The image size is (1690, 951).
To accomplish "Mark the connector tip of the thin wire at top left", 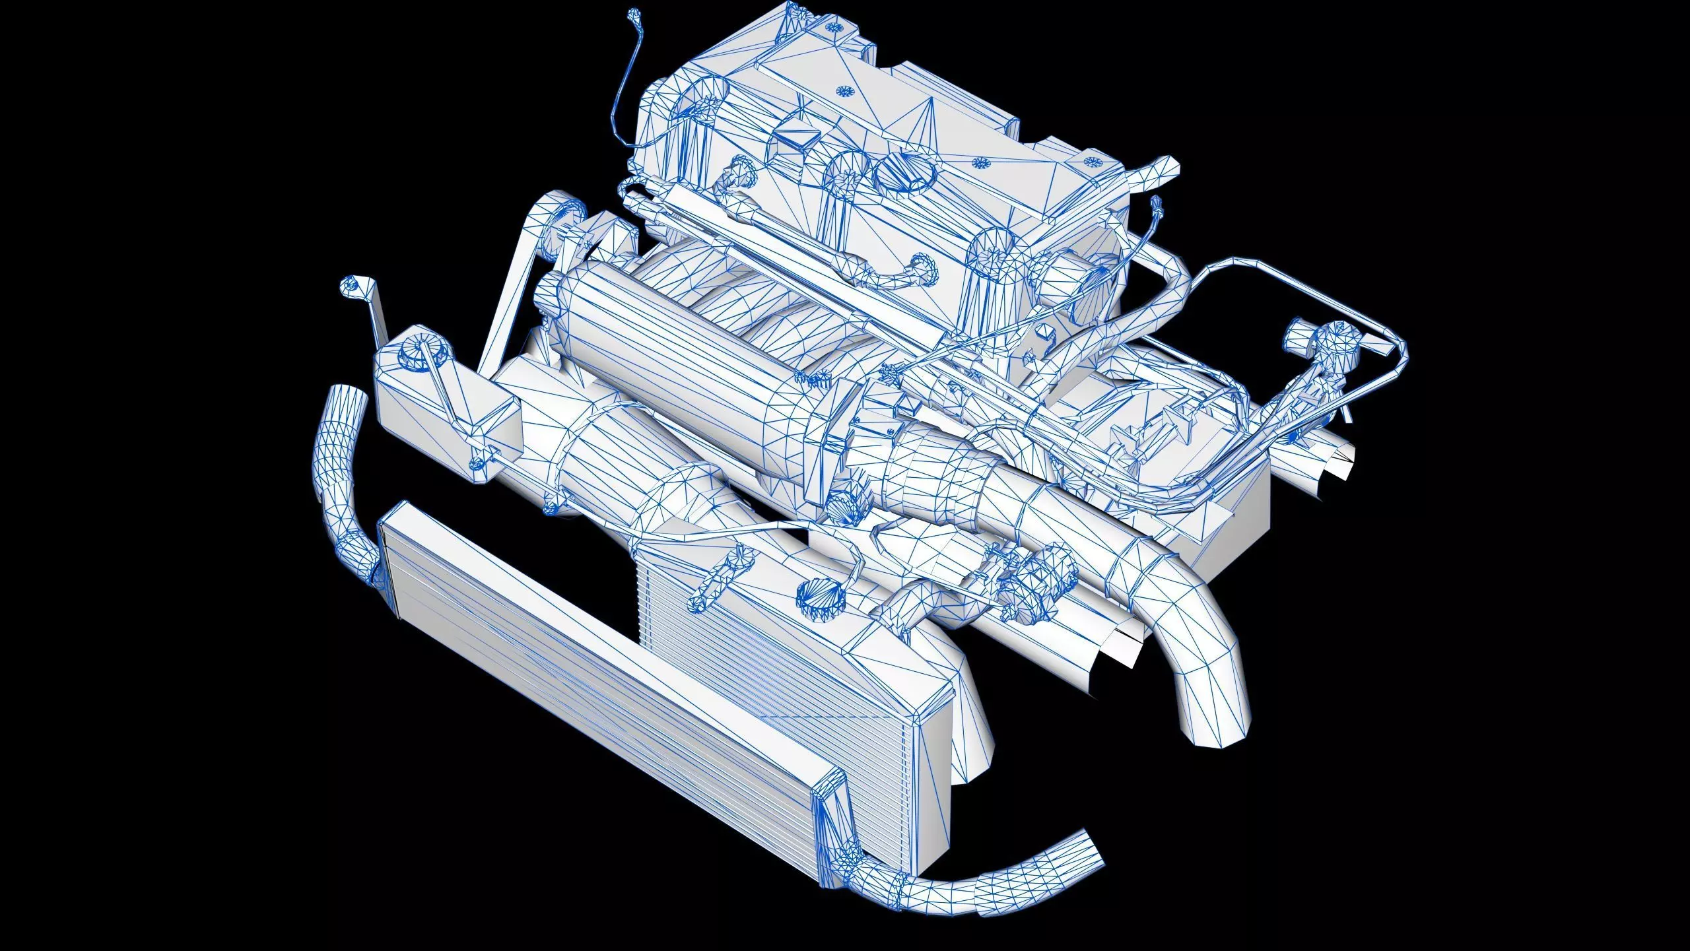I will pos(634,15).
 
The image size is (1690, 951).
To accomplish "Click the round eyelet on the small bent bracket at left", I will pos(349,285).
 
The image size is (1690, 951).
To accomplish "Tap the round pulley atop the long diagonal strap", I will pos(564,213).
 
